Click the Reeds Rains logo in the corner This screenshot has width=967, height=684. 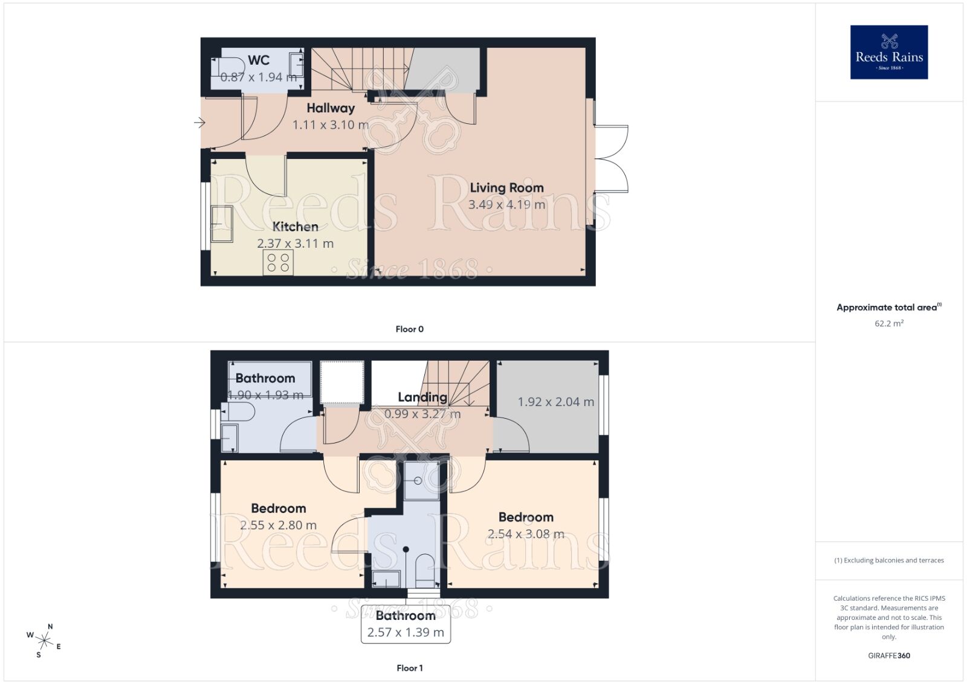point(888,52)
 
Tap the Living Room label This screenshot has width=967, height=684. point(506,188)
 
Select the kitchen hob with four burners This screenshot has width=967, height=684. point(278,263)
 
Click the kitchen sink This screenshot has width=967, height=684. point(221,224)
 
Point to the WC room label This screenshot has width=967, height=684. point(259,60)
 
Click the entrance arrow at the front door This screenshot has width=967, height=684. point(199,123)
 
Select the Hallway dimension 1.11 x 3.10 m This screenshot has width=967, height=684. point(330,125)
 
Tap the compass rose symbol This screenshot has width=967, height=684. point(44,640)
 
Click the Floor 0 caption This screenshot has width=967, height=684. point(409,329)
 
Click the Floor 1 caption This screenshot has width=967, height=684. point(409,668)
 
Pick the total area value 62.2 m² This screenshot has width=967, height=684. point(888,323)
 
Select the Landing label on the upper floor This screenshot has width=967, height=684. point(422,397)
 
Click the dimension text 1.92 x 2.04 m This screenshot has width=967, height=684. point(555,402)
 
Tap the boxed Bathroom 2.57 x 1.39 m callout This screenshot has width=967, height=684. point(406,624)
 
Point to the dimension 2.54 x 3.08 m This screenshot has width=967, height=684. point(526,534)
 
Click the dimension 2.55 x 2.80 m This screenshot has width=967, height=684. point(278,525)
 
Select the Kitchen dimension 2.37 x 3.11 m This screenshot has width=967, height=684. point(295,244)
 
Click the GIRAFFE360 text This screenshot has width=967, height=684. point(888,656)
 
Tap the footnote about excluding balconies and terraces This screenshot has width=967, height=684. point(888,560)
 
